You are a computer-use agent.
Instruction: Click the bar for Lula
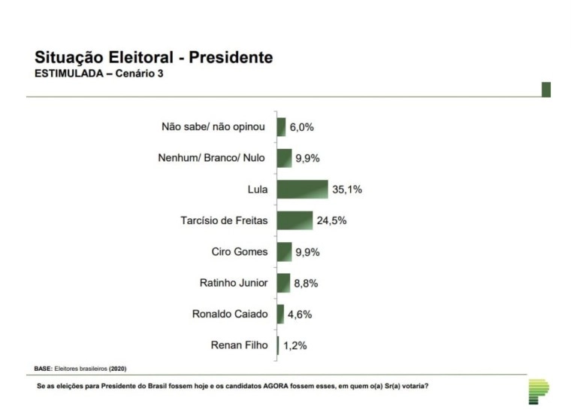302,190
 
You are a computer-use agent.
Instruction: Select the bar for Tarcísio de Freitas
295,220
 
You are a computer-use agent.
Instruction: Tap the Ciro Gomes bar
284,252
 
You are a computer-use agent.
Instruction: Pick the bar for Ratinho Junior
283,283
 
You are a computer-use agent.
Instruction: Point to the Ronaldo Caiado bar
280,314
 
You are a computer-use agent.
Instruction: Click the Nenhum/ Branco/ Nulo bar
284,158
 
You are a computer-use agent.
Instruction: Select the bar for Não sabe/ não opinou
281,127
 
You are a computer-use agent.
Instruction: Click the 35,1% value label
346,190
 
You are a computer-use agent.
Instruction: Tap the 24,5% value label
331,221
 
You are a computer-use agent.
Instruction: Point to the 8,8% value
306,284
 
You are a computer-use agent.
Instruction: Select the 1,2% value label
295,346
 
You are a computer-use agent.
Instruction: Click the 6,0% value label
301,127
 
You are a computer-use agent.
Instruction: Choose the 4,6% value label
299,314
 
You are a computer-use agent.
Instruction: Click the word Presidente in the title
231,58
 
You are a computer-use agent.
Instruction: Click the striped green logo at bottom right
538,390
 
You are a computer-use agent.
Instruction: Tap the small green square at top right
546,90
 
